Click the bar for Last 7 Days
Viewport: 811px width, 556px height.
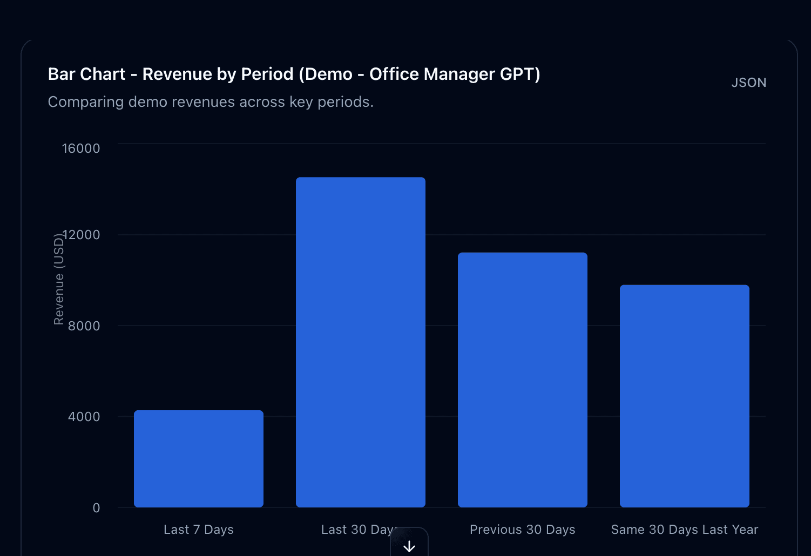tap(199, 459)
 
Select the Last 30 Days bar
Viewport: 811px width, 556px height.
tap(361, 342)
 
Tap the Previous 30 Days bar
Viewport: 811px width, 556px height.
tap(523, 380)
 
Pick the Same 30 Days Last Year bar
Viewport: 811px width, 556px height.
tap(685, 396)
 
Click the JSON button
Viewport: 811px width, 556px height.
tap(748, 83)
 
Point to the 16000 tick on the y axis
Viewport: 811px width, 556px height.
tap(81, 148)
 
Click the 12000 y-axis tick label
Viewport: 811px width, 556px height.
tap(82, 235)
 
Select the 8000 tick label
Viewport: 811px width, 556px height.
tap(84, 326)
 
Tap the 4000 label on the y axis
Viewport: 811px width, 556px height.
tap(84, 417)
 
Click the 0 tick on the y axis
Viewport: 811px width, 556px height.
tap(96, 508)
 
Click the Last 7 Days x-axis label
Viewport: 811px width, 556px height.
tap(199, 530)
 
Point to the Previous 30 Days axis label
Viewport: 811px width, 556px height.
tap(523, 530)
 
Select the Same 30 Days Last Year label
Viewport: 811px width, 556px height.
tap(685, 530)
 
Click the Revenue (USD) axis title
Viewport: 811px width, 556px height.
tap(59, 280)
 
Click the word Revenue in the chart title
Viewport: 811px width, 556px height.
tap(177, 74)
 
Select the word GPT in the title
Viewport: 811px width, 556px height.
tap(520, 74)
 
